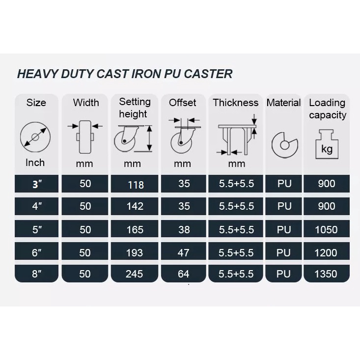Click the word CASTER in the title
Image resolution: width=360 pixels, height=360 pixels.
(x=208, y=74)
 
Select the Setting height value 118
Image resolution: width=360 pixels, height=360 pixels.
(x=136, y=185)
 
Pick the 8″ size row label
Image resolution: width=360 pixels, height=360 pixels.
(x=37, y=274)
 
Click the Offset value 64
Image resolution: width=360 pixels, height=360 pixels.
(x=184, y=274)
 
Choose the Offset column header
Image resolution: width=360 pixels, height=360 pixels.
(x=183, y=103)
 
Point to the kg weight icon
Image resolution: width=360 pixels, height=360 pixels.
(x=327, y=144)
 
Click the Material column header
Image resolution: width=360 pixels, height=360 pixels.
(x=283, y=103)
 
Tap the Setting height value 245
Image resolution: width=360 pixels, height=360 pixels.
(x=134, y=274)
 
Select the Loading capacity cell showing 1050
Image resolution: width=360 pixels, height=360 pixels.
(x=326, y=230)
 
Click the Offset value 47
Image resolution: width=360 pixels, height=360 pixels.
(x=184, y=253)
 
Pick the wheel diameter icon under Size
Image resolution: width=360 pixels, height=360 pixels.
(x=35, y=137)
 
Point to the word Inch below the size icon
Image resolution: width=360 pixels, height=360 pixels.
(x=35, y=163)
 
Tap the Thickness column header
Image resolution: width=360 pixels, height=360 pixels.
(x=236, y=103)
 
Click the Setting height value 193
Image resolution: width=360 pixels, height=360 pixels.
(x=135, y=253)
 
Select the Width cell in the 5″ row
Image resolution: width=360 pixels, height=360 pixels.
(x=85, y=230)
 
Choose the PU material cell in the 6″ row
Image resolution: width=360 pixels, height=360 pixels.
(x=283, y=253)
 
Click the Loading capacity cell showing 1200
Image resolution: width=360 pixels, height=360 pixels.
(x=326, y=253)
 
